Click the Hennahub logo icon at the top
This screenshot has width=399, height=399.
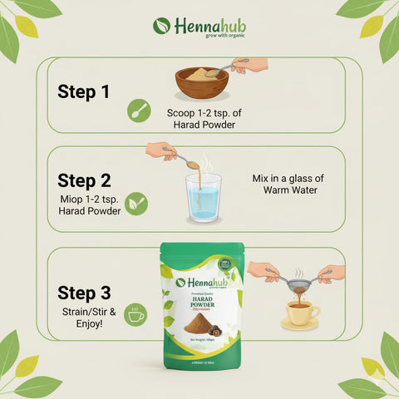click(161, 26)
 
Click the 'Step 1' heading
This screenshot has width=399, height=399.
click(83, 91)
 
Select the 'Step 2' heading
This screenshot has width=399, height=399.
click(83, 180)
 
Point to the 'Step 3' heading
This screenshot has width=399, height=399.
click(83, 292)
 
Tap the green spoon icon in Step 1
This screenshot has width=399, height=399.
click(139, 111)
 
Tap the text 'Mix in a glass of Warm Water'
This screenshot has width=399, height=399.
click(285, 185)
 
